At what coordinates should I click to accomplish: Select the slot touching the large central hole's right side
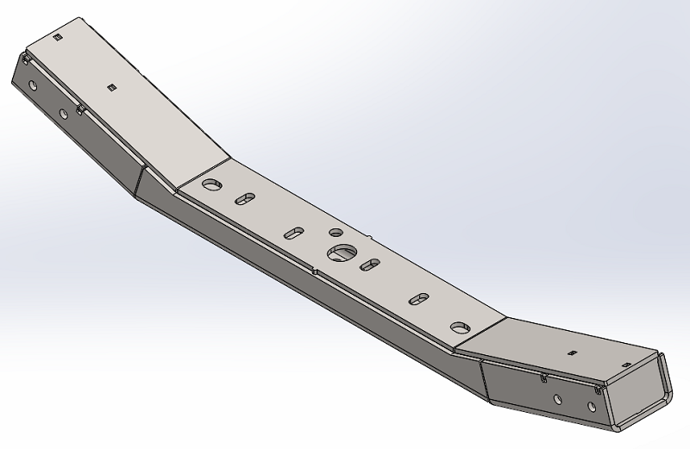pyautogui.click(x=370, y=264)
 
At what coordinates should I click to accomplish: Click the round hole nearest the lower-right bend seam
pyautogui.click(x=458, y=327)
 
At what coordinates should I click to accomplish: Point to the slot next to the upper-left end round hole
pyautogui.click(x=246, y=199)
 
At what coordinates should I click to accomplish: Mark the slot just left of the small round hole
pyautogui.click(x=294, y=233)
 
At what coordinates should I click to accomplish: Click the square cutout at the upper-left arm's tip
pyautogui.click(x=58, y=38)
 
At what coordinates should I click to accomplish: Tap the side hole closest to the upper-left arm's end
pyautogui.click(x=33, y=86)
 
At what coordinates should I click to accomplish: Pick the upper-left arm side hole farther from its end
pyautogui.click(x=63, y=113)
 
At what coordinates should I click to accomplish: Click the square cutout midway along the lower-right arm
pyautogui.click(x=570, y=352)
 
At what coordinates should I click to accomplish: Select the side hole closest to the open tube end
pyautogui.click(x=596, y=407)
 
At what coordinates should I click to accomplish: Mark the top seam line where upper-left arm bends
pyautogui.click(x=204, y=170)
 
